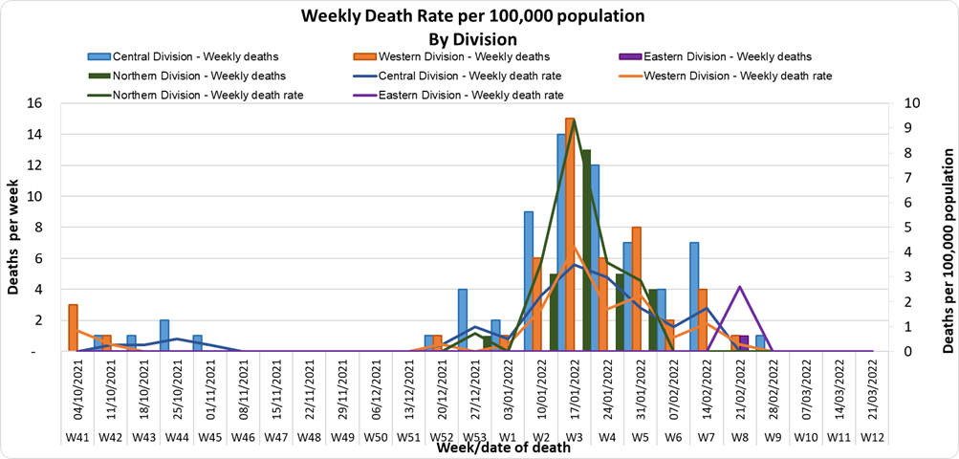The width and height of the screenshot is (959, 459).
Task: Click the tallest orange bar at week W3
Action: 570,234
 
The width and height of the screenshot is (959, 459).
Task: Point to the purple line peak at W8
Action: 739,287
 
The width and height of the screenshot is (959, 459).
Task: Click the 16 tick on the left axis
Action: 35,103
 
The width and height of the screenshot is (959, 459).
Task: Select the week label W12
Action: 871,438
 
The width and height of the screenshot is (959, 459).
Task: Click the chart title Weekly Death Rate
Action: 472,16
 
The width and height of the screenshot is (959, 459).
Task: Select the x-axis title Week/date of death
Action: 504,447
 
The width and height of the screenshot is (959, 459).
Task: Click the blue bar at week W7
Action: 693,296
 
